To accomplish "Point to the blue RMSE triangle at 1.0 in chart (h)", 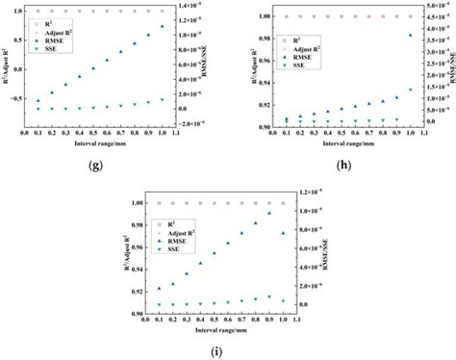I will point(411,36).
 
